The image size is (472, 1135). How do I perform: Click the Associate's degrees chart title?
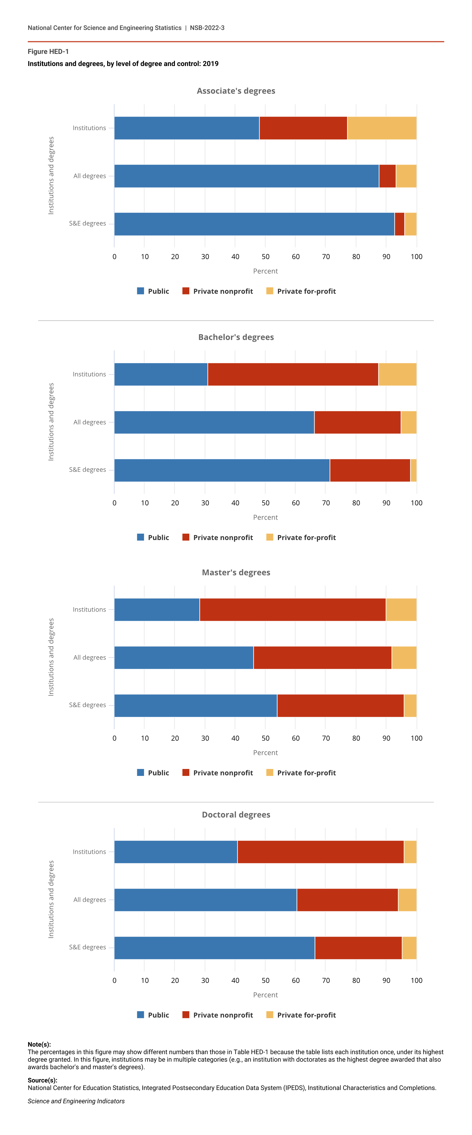click(236, 91)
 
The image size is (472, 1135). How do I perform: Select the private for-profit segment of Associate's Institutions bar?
click(382, 128)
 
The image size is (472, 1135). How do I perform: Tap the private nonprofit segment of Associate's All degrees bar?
click(387, 176)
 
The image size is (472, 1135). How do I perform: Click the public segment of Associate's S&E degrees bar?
click(254, 224)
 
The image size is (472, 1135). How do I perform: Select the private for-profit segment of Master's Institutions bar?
click(401, 610)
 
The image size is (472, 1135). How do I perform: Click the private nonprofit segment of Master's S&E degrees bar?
click(340, 705)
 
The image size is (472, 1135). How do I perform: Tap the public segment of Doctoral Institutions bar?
click(175, 852)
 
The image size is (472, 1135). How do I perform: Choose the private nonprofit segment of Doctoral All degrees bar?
click(347, 900)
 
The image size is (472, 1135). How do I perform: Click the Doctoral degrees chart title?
click(236, 815)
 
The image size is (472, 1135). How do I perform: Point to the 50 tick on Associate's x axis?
click(265, 257)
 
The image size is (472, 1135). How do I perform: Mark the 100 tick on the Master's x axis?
click(416, 738)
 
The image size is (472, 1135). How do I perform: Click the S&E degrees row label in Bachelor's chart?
click(87, 470)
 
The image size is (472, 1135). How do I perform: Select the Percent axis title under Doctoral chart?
click(265, 995)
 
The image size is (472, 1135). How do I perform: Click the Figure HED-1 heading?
click(48, 52)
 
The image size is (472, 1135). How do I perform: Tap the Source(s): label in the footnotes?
click(42, 1080)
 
